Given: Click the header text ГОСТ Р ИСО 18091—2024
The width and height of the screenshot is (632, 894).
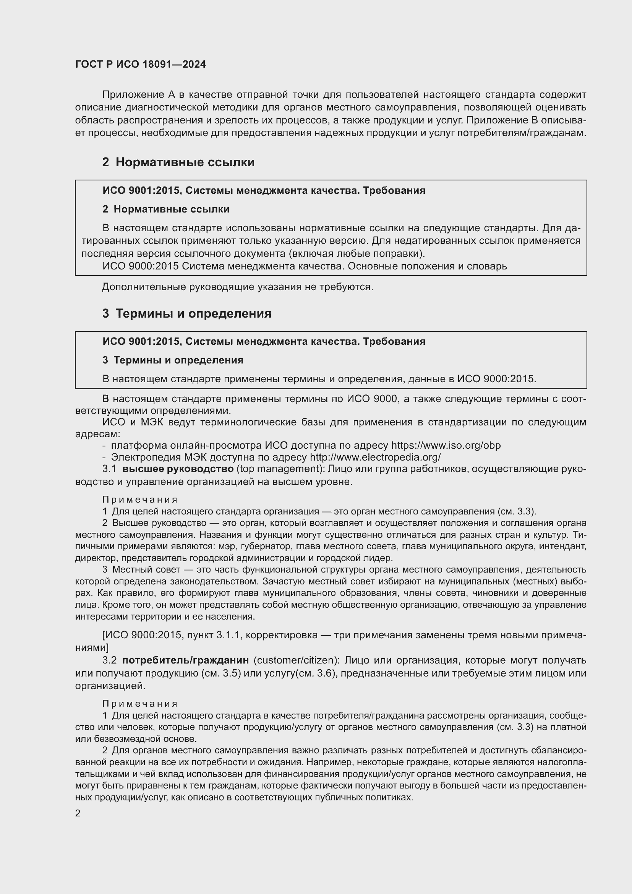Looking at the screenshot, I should pyautogui.click(x=141, y=65).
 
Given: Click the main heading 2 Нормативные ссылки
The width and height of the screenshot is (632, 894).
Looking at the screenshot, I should pyautogui.click(x=178, y=162).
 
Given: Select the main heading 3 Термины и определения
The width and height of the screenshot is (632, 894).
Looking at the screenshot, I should pyautogui.click(x=187, y=313).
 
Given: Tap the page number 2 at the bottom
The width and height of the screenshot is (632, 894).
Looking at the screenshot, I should pyautogui.click(x=78, y=813).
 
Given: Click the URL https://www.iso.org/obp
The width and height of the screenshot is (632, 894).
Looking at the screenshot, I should pyautogui.click(x=446, y=445).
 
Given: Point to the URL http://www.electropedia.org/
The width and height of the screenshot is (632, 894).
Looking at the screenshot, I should pyautogui.click(x=375, y=457).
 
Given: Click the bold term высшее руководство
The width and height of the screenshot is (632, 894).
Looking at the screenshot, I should pyautogui.click(x=178, y=469).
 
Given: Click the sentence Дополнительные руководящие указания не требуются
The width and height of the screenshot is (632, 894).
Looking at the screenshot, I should pyautogui.click(x=237, y=287).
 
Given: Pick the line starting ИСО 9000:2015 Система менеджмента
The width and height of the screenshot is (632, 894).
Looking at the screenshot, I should pyautogui.click(x=304, y=266).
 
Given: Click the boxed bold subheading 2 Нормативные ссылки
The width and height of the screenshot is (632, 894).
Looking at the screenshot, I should pyautogui.click(x=166, y=209).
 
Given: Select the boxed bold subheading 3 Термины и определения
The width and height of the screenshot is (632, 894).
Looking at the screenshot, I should pyautogui.click(x=173, y=360).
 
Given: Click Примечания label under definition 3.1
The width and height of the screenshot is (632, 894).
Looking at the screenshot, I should pyautogui.click(x=140, y=500).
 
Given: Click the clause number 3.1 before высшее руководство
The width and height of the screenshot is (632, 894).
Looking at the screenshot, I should pyautogui.click(x=109, y=469).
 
